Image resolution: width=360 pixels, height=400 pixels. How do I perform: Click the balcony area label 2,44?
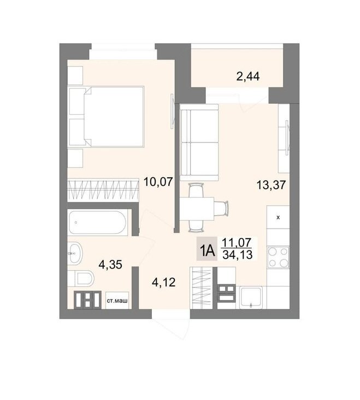[x=248, y=76]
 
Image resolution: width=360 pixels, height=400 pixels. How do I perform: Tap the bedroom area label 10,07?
[x=158, y=182]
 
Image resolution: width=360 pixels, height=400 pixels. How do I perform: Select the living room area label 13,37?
[x=271, y=184]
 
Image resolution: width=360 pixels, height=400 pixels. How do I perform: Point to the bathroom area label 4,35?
[x=110, y=265]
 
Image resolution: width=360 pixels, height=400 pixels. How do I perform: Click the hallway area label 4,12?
[x=163, y=282]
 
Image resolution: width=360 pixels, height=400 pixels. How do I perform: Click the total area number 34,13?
[x=238, y=255]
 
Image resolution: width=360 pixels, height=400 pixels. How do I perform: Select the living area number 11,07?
[x=237, y=242]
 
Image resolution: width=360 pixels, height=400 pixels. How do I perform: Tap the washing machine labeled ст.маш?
[x=117, y=301]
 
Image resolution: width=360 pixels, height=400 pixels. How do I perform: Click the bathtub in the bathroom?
[x=97, y=222]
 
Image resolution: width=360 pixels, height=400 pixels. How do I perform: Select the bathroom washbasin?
[x=75, y=253]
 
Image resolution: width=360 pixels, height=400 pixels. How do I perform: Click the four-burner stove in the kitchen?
[x=278, y=257]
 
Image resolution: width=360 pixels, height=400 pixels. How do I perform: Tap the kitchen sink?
[x=251, y=297]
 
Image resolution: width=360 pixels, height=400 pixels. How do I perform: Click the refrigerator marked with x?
[x=278, y=217]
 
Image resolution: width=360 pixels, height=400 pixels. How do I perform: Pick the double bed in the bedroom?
[x=107, y=117]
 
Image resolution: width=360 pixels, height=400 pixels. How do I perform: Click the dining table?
[x=197, y=208]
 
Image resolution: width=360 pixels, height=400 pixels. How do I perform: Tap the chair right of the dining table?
[x=221, y=208]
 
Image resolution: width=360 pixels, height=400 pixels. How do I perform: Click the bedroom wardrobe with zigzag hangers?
[x=103, y=189]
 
